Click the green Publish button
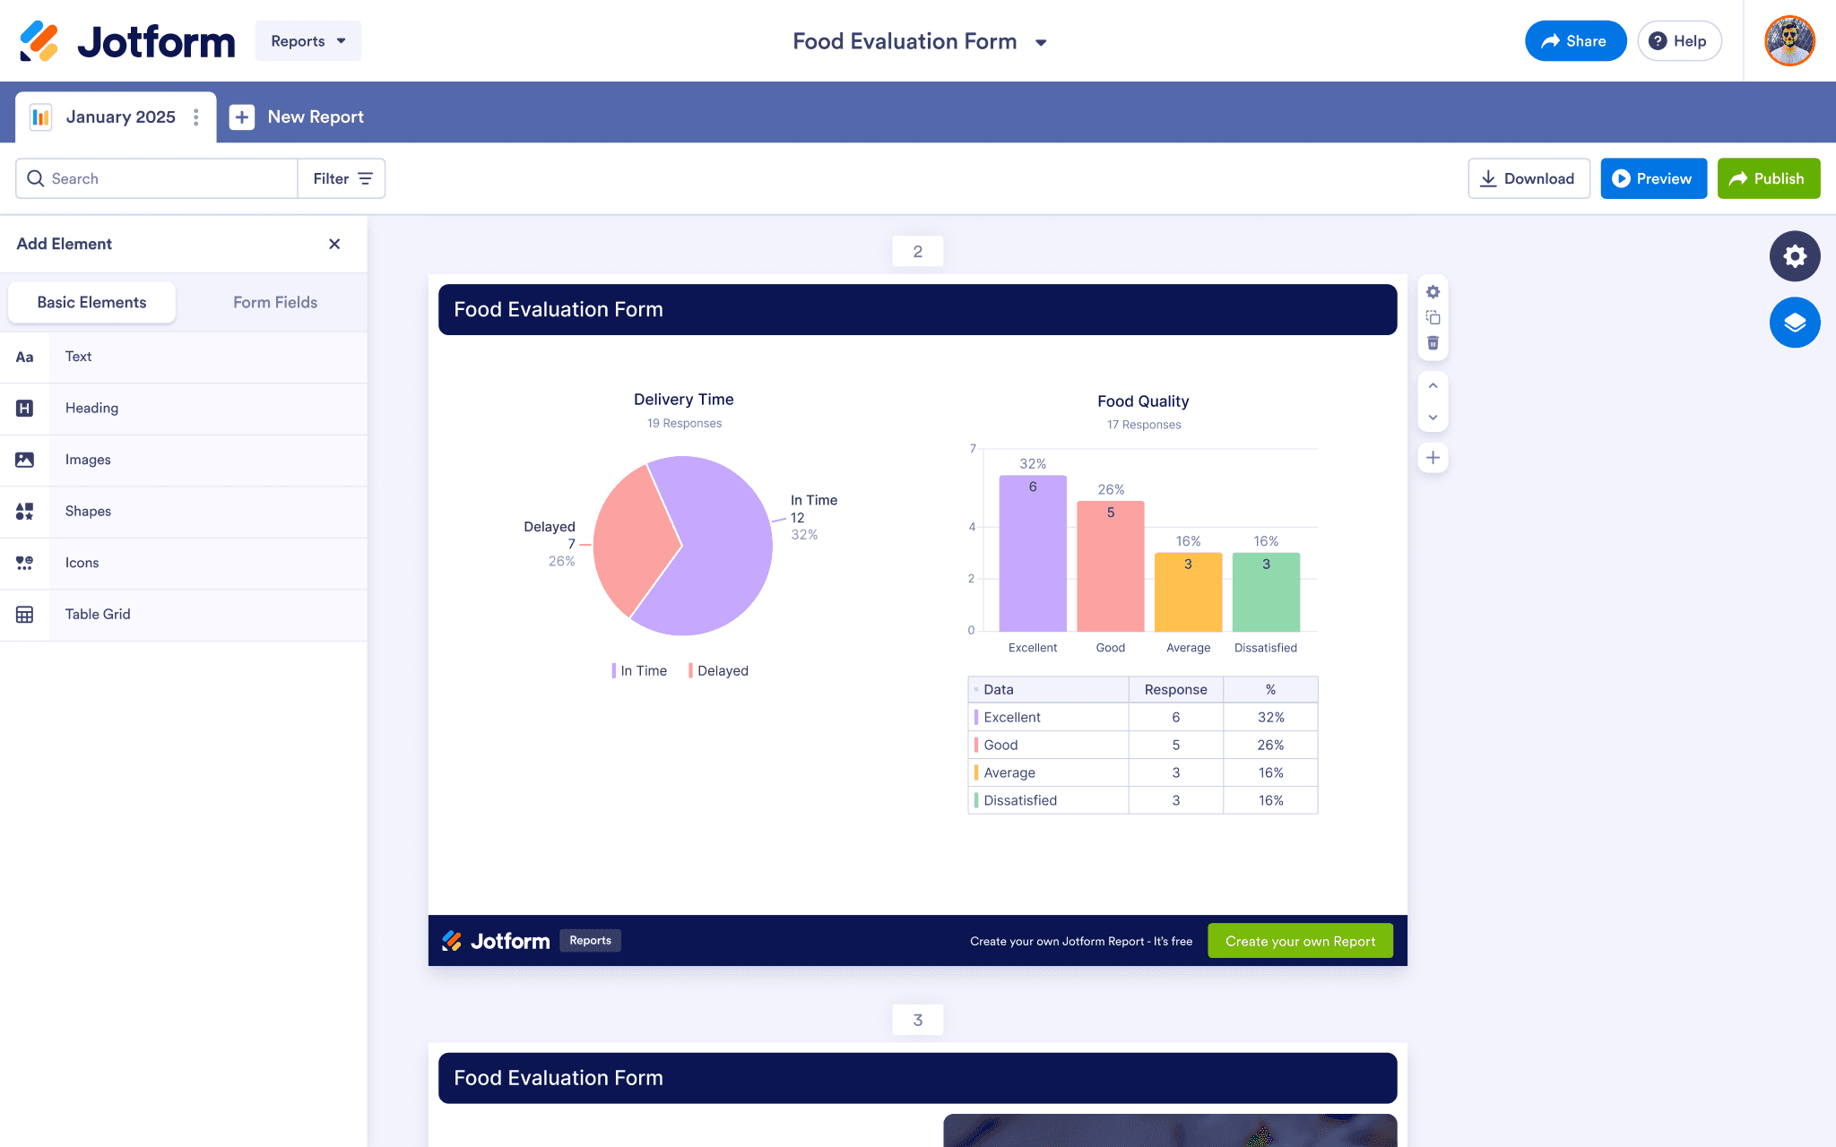point(1768,178)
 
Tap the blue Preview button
point(1653,178)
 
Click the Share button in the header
point(1575,41)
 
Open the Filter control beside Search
point(342,178)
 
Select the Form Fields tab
point(275,303)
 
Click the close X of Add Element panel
point(334,244)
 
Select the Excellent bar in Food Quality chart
point(1033,553)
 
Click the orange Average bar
point(1188,592)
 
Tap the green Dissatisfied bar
point(1266,592)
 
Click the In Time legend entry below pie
point(639,671)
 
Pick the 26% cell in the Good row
point(1270,745)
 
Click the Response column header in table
point(1175,690)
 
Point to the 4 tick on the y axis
point(972,527)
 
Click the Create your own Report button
point(1300,941)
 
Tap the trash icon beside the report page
point(1433,343)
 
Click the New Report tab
point(297,117)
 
